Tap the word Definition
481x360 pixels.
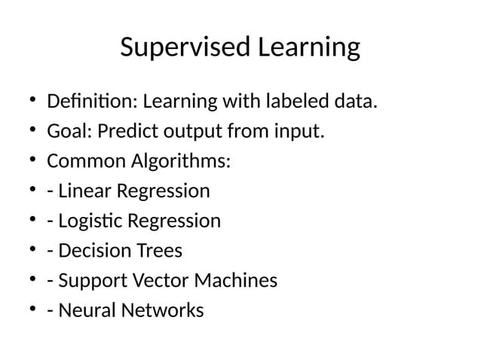[x=92, y=102]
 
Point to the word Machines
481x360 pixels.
[x=236, y=281]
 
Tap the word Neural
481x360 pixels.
[x=84, y=310]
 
